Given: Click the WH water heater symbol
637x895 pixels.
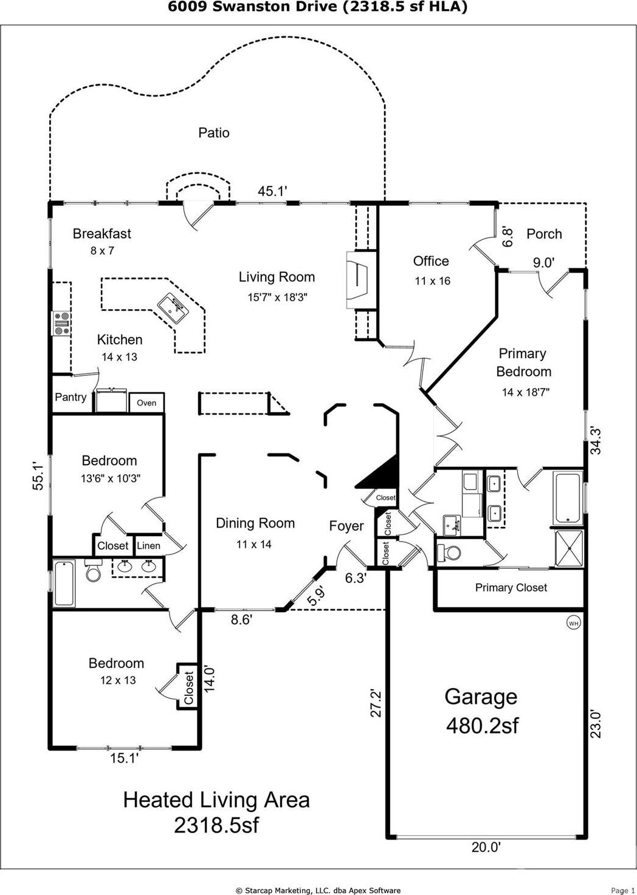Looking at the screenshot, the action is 573,622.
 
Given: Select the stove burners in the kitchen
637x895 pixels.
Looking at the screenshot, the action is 61,323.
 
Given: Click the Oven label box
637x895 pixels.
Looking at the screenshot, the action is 146,403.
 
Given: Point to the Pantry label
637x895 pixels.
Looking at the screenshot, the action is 71,397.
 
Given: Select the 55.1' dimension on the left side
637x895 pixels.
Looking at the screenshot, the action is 38,476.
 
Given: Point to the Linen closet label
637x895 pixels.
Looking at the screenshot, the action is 148,546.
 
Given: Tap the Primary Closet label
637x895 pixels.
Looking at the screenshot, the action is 511,588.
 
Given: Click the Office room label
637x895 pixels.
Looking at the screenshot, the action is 431,261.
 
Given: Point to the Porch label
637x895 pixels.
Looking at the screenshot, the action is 544,234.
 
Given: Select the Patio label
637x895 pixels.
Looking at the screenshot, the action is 214,132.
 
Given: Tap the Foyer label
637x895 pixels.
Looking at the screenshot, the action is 346,526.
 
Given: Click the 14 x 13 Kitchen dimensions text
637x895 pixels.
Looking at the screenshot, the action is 119,357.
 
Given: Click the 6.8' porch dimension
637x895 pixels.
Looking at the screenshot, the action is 507,237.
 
